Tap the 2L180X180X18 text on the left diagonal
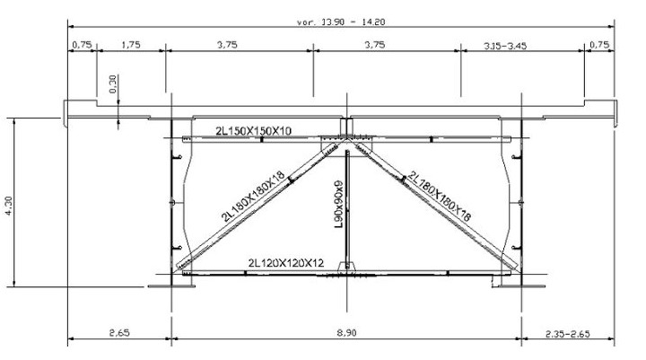pos(252,195)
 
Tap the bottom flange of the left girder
pos(167,285)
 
